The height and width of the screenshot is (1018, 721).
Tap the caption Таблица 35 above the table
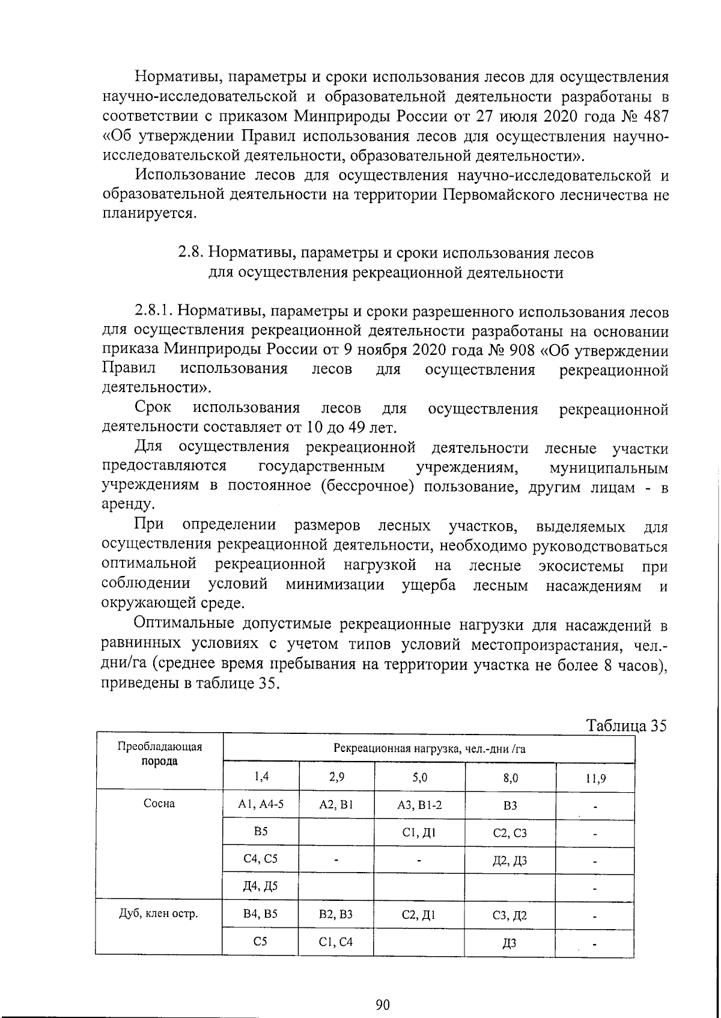pyautogui.click(x=627, y=726)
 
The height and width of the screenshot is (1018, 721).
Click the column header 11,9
pyautogui.click(x=595, y=779)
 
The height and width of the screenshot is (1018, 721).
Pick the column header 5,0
pyautogui.click(x=420, y=777)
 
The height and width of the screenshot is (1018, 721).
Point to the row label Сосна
pyautogui.click(x=159, y=804)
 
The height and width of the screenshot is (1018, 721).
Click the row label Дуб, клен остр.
pyautogui.click(x=159, y=914)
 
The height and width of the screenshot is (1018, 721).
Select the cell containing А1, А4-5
pyautogui.click(x=261, y=804)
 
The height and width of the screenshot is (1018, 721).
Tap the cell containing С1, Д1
pyautogui.click(x=420, y=832)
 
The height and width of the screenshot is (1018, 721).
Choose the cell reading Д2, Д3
pyautogui.click(x=510, y=861)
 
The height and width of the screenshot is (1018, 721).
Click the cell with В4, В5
pyautogui.click(x=261, y=914)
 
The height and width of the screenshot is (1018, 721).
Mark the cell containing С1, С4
pyautogui.click(x=336, y=942)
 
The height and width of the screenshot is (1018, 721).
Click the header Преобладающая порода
pyautogui.click(x=159, y=754)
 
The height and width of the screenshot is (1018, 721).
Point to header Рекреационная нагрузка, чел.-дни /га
pyautogui.click(x=429, y=748)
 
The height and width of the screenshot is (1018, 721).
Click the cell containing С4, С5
pyautogui.click(x=261, y=859)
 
